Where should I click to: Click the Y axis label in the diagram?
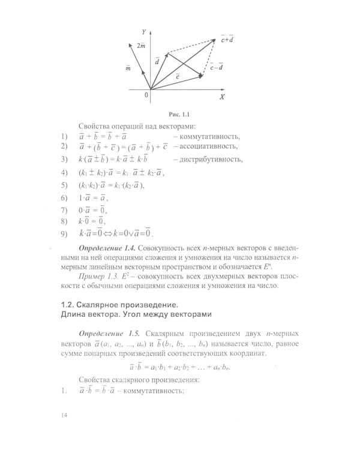[x=143, y=30]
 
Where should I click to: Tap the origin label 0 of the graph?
[x=145, y=95]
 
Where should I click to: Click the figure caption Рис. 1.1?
[x=180, y=114]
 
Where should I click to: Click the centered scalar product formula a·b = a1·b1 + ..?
[x=179, y=365]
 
